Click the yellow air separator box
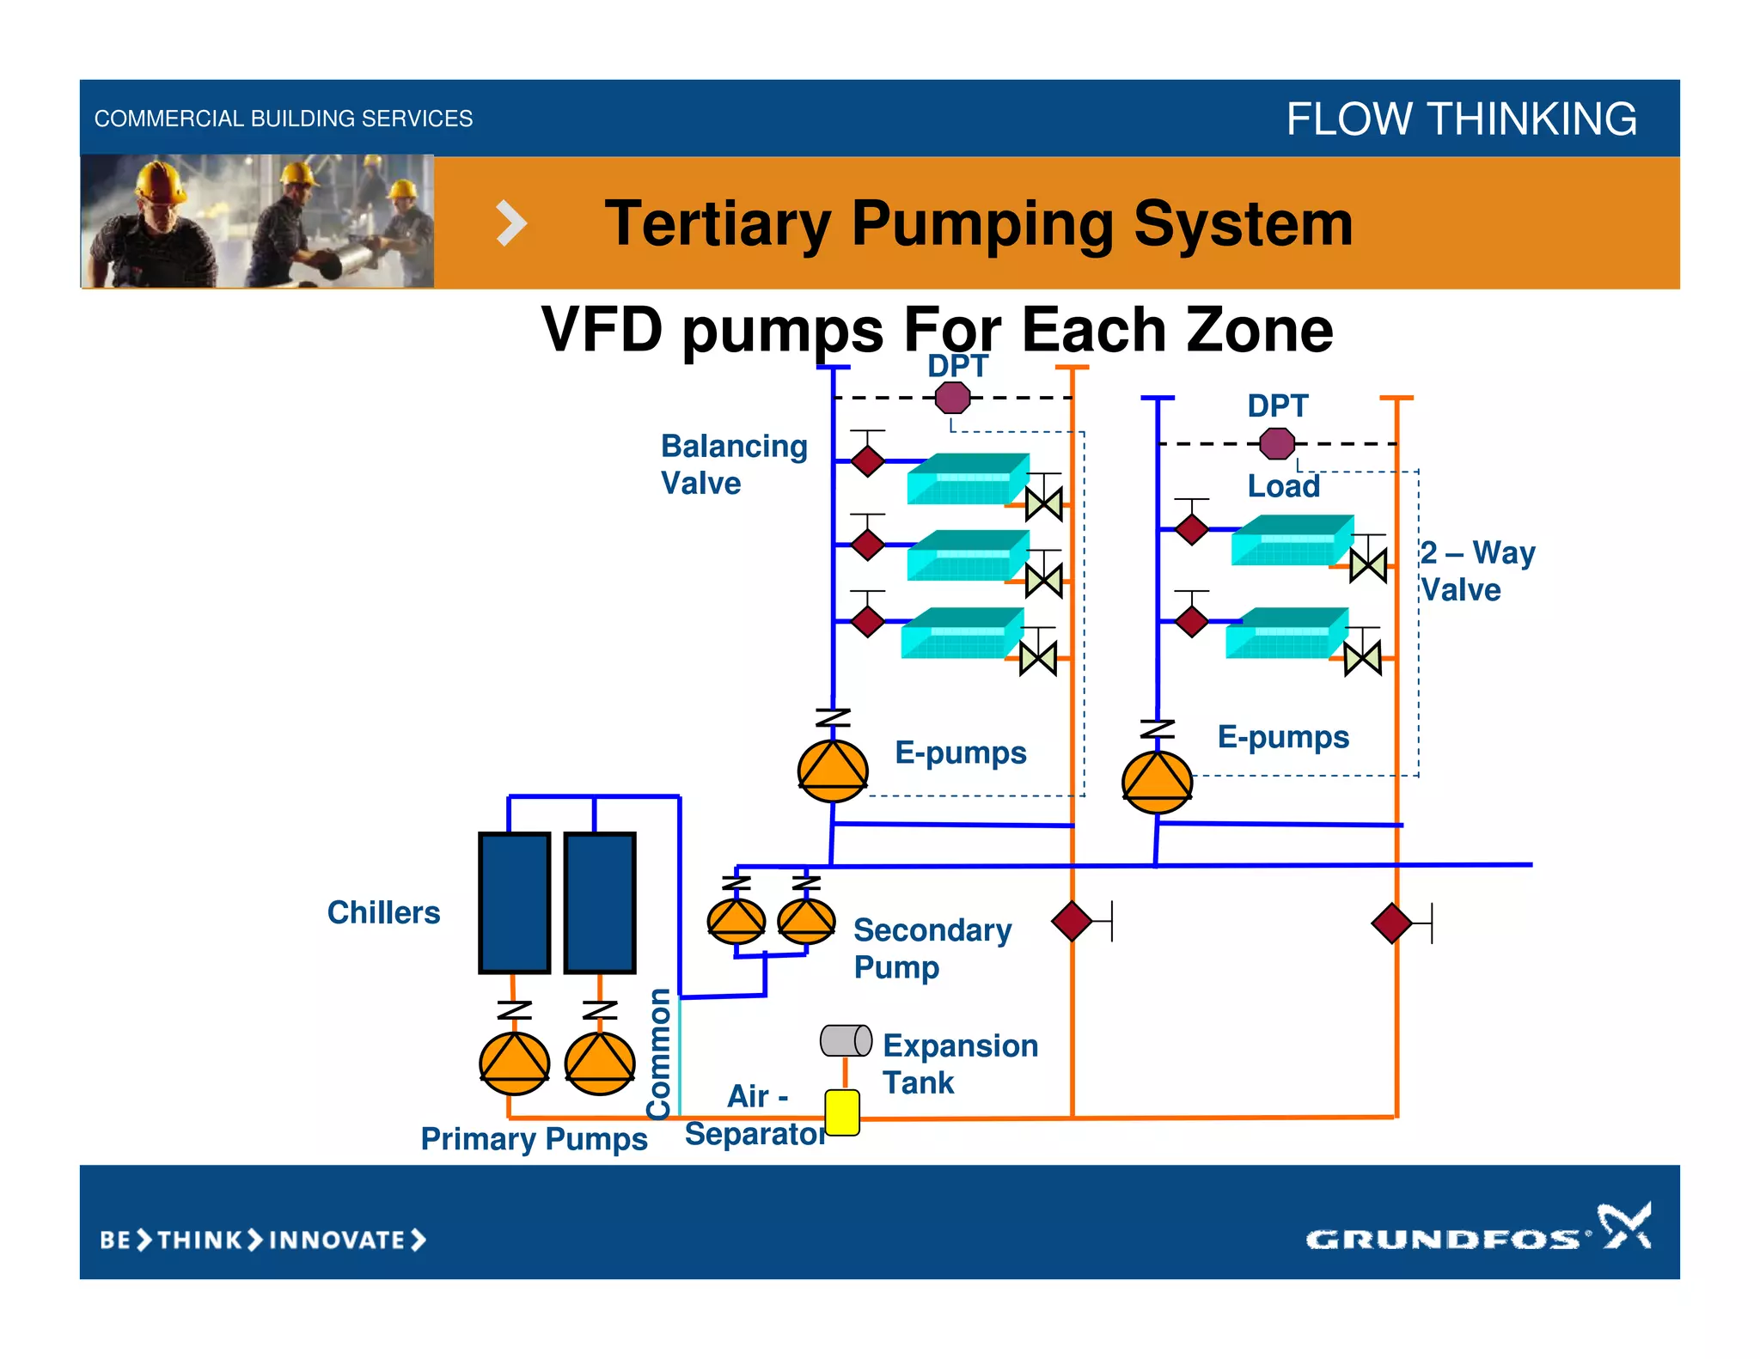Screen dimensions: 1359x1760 click(x=842, y=1112)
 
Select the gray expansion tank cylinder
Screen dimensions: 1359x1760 click(x=846, y=1040)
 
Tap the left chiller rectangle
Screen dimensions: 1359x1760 click(x=514, y=902)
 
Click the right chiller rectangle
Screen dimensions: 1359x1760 click(x=600, y=902)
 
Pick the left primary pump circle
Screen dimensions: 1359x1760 click(x=514, y=1063)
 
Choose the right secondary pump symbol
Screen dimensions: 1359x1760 click(x=806, y=920)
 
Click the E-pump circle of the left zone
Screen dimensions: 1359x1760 click(x=833, y=771)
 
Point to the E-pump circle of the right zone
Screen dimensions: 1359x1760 click(x=1157, y=782)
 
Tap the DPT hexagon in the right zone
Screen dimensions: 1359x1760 click(x=1277, y=443)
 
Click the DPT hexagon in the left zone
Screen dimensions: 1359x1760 click(x=952, y=398)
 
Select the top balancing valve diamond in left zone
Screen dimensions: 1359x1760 click(x=868, y=460)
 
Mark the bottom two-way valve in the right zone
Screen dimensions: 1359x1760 click(x=1362, y=659)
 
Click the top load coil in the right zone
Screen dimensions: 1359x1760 click(x=1292, y=539)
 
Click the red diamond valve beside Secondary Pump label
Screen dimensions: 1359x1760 click(x=1072, y=921)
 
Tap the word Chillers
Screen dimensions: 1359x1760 click(x=383, y=912)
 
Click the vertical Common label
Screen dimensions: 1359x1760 click(x=660, y=1053)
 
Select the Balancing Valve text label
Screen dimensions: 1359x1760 click(x=733, y=465)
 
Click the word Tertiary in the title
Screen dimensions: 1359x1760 click(x=717, y=223)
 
